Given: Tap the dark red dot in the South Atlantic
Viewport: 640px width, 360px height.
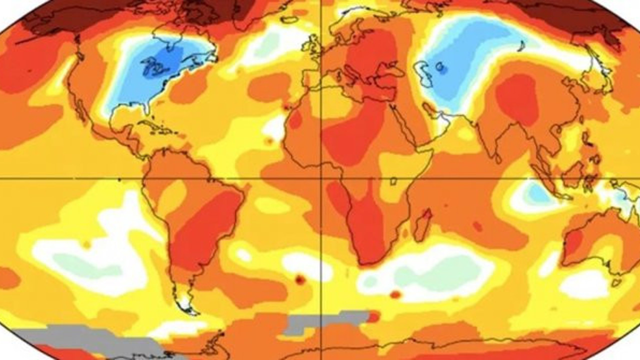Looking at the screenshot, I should coord(300,280).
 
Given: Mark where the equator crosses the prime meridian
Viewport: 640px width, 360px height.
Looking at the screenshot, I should coord(320,177).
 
